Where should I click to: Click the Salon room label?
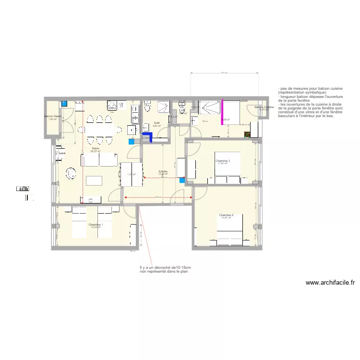click(95, 148)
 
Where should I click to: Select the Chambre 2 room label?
click(226, 215)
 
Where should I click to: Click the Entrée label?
click(163, 171)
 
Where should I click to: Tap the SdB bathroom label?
click(156, 123)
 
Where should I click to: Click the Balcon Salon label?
click(52, 116)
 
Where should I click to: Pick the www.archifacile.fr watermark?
click(330, 283)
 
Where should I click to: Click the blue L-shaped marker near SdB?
click(150, 138)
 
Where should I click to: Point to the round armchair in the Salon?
click(71, 172)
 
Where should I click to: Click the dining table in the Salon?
click(98, 129)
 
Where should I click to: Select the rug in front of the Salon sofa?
click(95, 180)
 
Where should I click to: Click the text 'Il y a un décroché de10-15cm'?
click(165, 268)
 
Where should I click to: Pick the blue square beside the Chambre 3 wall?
click(182, 180)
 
